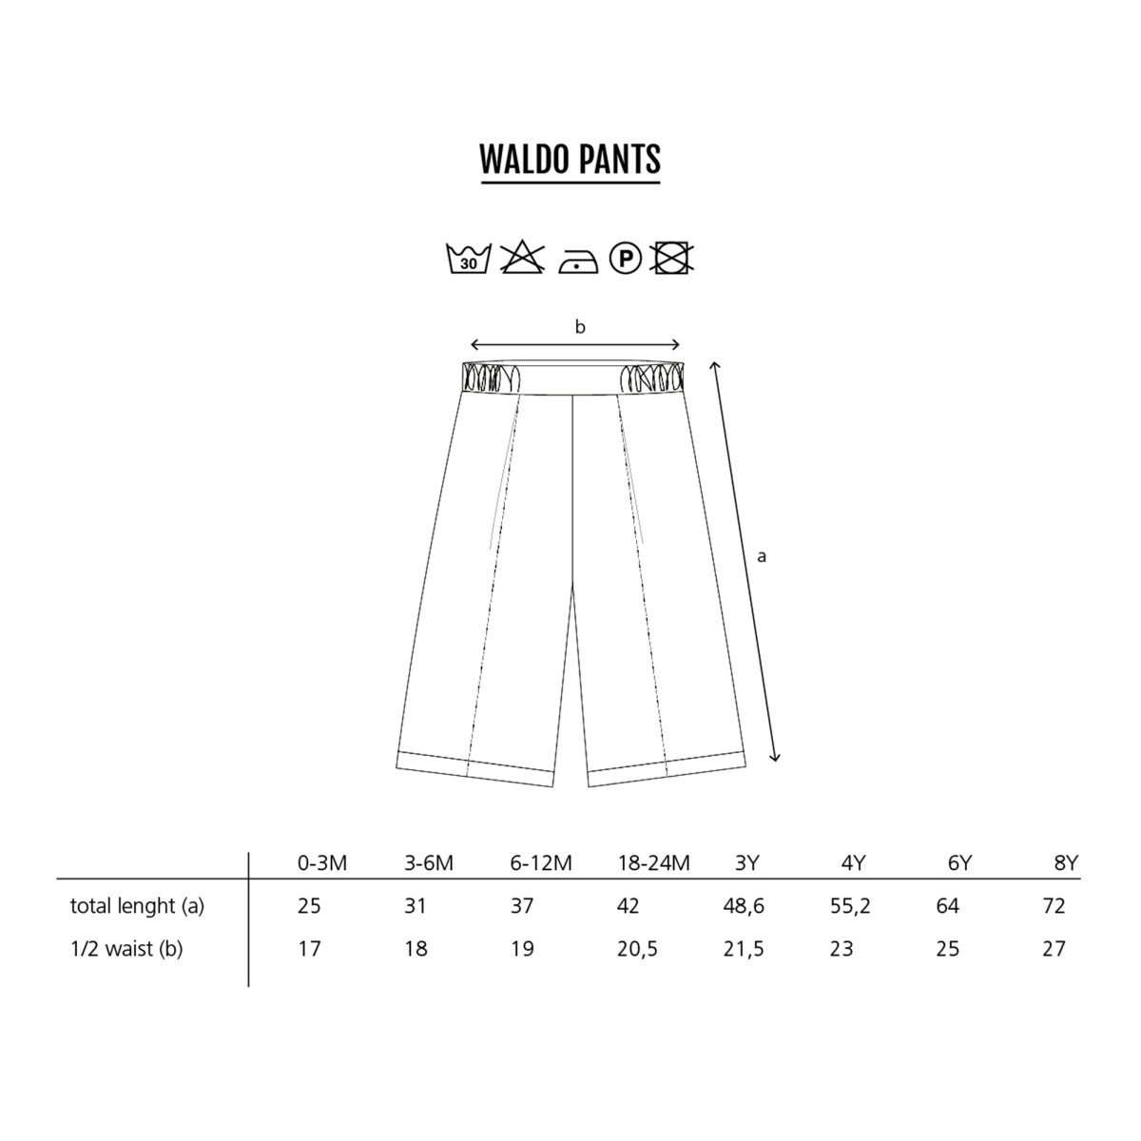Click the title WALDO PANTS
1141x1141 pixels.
click(570, 159)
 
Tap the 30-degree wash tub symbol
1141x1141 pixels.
click(468, 259)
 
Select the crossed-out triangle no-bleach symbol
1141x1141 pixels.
click(522, 257)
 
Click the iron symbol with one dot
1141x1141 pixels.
click(577, 261)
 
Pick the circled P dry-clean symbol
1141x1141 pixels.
click(626, 258)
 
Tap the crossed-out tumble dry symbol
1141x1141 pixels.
click(671, 257)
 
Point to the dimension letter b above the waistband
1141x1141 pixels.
click(580, 326)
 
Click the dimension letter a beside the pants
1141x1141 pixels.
click(762, 556)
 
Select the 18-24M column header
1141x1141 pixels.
click(653, 863)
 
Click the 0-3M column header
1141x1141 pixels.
click(321, 863)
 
